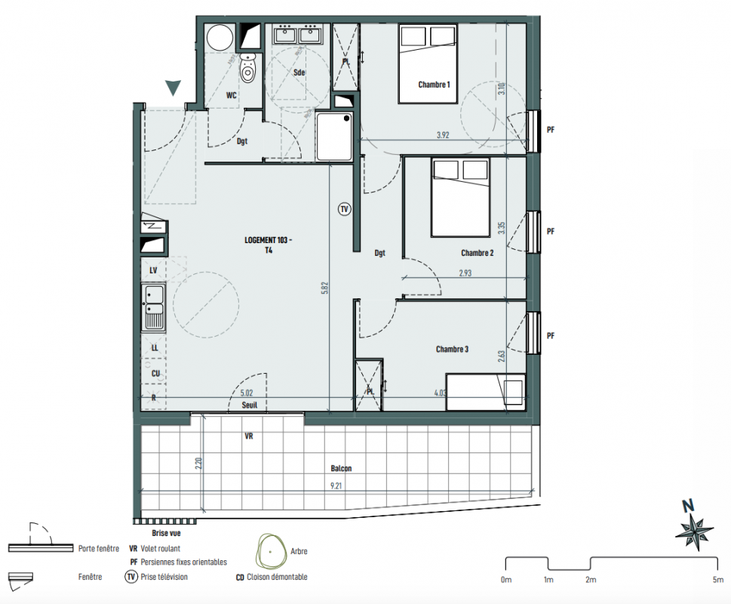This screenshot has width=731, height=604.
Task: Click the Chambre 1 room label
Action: pyautogui.click(x=434, y=85)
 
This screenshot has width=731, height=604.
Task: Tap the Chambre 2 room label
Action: pyautogui.click(x=477, y=253)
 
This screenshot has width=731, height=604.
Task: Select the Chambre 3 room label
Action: pyautogui.click(x=452, y=349)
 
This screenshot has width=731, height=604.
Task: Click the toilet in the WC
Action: pyautogui.click(x=248, y=68)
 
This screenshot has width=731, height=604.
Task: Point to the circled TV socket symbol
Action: pyautogui.click(x=345, y=209)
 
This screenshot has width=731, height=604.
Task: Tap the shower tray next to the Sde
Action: pyautogui.click(x=333, y=136)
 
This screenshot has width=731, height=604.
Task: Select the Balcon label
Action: pyautogui.click(x=341, y=468)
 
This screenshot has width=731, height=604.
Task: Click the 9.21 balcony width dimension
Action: pyautogui.click(x=336, y=485)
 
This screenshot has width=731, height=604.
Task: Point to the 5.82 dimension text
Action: pyautogui.click(x=325, y=287)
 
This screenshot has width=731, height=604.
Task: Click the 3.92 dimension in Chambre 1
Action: pyautogui.click(x=443, y=135)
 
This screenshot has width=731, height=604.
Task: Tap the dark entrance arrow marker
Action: pyautogui.click(x=173, y=88)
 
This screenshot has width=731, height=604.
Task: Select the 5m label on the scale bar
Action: pyautogui.click(x=717, y=580)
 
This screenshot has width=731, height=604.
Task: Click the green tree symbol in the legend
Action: pyautogui.click(x=270, y=552)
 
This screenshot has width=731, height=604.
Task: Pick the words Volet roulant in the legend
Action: pyautogui.click(x=161, y=548)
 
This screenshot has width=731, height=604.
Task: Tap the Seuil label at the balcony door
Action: pyautogui.click(x=250, y=405)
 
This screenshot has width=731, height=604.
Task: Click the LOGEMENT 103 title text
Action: pyautogui.click(x=268, y=240)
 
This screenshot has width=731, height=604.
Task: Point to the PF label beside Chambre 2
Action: pyautogui.click(x=551, y=231)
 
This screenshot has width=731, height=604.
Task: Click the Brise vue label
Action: pyautogui.click(x=166, y=533)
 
